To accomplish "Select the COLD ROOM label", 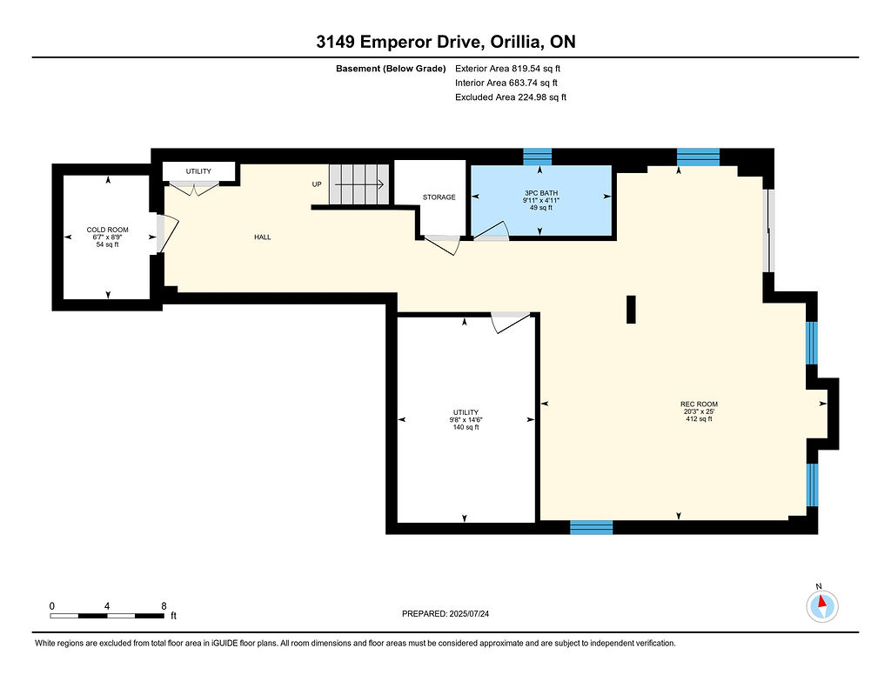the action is coord(107,230).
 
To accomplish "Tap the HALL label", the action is coord(263,237).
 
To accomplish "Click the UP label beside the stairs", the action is coord(317,184).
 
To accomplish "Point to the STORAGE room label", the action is coord(439,197).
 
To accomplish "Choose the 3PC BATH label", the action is coord(541,193).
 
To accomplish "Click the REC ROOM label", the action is coord(699,404).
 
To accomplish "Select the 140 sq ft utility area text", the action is coord(466,427).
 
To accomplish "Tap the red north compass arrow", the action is coord(821,602).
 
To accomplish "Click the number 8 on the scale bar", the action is coord(164,606).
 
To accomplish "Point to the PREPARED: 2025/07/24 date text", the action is coord(445,613).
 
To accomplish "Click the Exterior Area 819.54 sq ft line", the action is coord(507,68).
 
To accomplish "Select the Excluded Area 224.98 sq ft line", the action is coord(510,97).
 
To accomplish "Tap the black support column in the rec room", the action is coord(631,310).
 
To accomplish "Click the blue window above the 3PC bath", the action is coord(538,157).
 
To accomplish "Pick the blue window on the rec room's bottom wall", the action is coord(592,527).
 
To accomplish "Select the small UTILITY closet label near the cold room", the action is coord(198,171).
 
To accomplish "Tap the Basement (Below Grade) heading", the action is coord(391,69).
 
